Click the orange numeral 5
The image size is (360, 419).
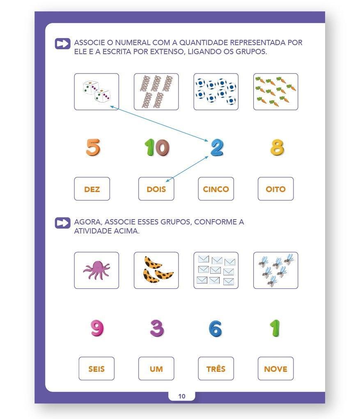pos(93,147)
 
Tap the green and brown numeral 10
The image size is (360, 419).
pos(157,147)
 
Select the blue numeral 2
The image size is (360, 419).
pos(217,147)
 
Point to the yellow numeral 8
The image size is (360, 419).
pos(277,147)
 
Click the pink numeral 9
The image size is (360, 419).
pos(97,328)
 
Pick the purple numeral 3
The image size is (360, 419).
pos(157,328)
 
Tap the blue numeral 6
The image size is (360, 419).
pos(216,328)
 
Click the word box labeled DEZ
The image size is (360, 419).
pos(92,189)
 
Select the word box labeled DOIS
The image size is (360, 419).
pos(156,189)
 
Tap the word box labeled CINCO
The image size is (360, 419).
pos(216,189)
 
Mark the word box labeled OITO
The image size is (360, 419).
pos(275,189)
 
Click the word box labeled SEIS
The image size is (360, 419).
pos(96,369)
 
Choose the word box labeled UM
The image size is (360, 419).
pos(156,369)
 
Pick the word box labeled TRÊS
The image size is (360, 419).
pos(216,369)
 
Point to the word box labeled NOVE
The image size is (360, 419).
pos(275,369)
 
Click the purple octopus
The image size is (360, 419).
pos(97,270)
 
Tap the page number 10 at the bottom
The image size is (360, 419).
pos(182,396)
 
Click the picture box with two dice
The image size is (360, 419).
pos(96,92)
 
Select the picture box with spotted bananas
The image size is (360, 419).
pos(156,270)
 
